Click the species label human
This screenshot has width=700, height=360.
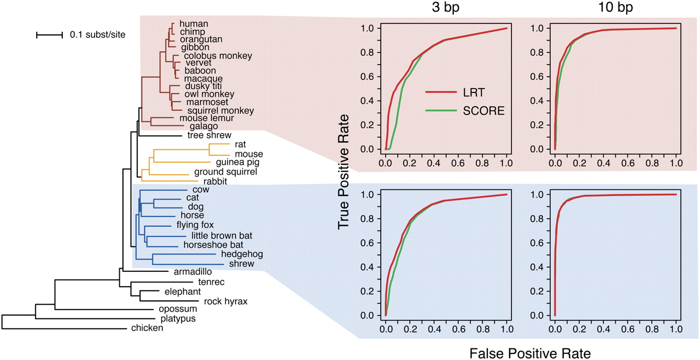190,24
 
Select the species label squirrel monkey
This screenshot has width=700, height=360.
212,110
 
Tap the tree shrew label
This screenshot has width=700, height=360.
209,135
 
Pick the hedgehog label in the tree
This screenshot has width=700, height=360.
242,254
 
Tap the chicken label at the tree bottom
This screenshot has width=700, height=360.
147,328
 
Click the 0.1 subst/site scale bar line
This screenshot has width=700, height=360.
50,35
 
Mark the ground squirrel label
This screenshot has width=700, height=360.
226,172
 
